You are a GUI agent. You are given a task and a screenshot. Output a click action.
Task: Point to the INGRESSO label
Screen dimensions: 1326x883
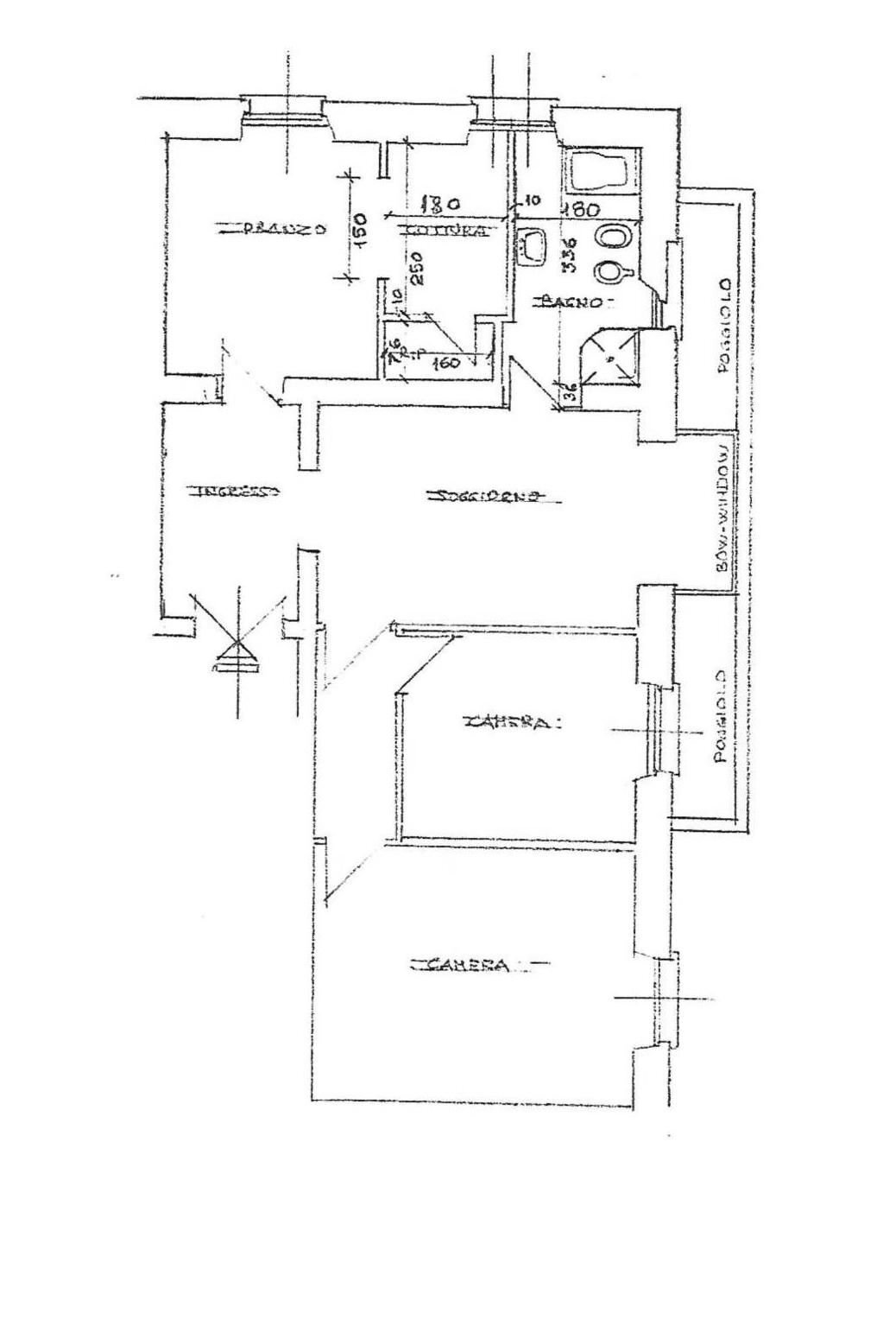pos(234,492)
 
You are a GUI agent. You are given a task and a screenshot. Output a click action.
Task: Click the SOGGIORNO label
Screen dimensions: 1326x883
pos(488,497)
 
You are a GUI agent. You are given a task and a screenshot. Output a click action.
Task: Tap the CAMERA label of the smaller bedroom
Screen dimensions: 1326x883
pos(510,722)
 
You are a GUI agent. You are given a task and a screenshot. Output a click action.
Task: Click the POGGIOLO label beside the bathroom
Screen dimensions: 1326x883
pos(724,326)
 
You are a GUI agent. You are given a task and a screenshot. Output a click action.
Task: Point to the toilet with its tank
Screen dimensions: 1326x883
pos(615,272)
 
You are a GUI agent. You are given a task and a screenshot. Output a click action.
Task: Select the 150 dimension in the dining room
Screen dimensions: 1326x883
pos(361,230)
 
